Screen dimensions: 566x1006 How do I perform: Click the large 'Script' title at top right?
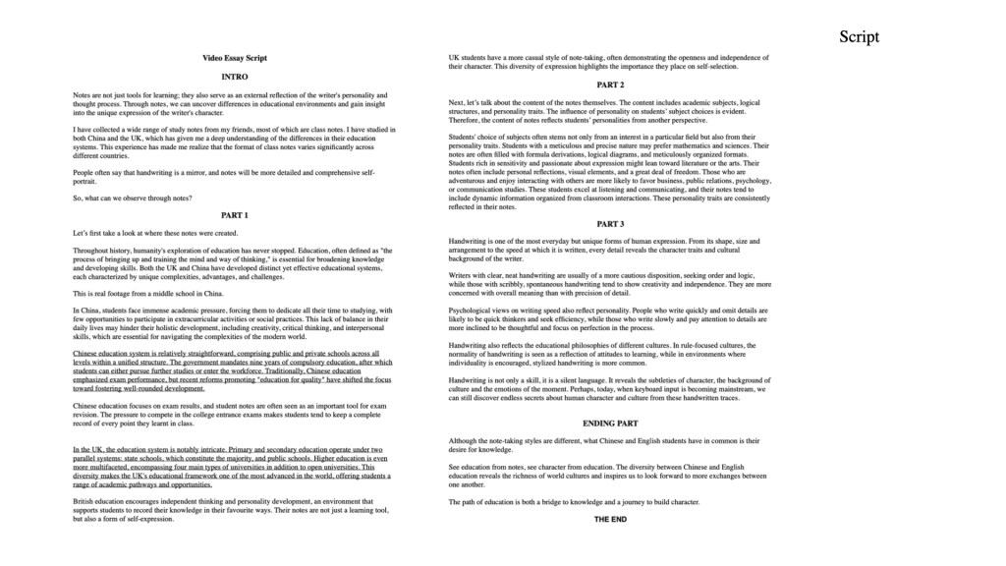click(859, 37)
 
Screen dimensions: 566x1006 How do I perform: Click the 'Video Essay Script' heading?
click(235, 58)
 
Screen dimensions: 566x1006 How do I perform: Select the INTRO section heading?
click(235, 77)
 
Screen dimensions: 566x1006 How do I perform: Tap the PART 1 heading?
click(235, 215)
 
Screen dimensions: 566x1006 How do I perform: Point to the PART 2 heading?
click(610, 85)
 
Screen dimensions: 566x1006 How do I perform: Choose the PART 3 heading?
click(610, 224)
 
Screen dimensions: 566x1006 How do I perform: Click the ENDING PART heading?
click(610, 424)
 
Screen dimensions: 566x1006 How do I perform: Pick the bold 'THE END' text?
click(610, 519)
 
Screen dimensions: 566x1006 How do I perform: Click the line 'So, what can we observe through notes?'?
click(133, 198)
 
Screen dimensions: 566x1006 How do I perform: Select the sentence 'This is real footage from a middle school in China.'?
click(148, 293)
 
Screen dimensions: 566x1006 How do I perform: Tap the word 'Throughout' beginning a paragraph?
click(91, 251)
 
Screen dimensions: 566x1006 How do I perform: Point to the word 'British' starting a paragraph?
click(85, 501)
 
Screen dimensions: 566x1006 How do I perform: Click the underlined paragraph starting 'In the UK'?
click(231, 467)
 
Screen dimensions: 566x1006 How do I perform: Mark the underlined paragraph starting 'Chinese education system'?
click(231, 370)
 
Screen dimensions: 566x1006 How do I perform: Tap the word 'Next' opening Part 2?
click(457, 103)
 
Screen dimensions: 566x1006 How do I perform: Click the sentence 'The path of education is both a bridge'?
click(574, 501)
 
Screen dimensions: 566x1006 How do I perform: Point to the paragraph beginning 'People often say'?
click(224, 177)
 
